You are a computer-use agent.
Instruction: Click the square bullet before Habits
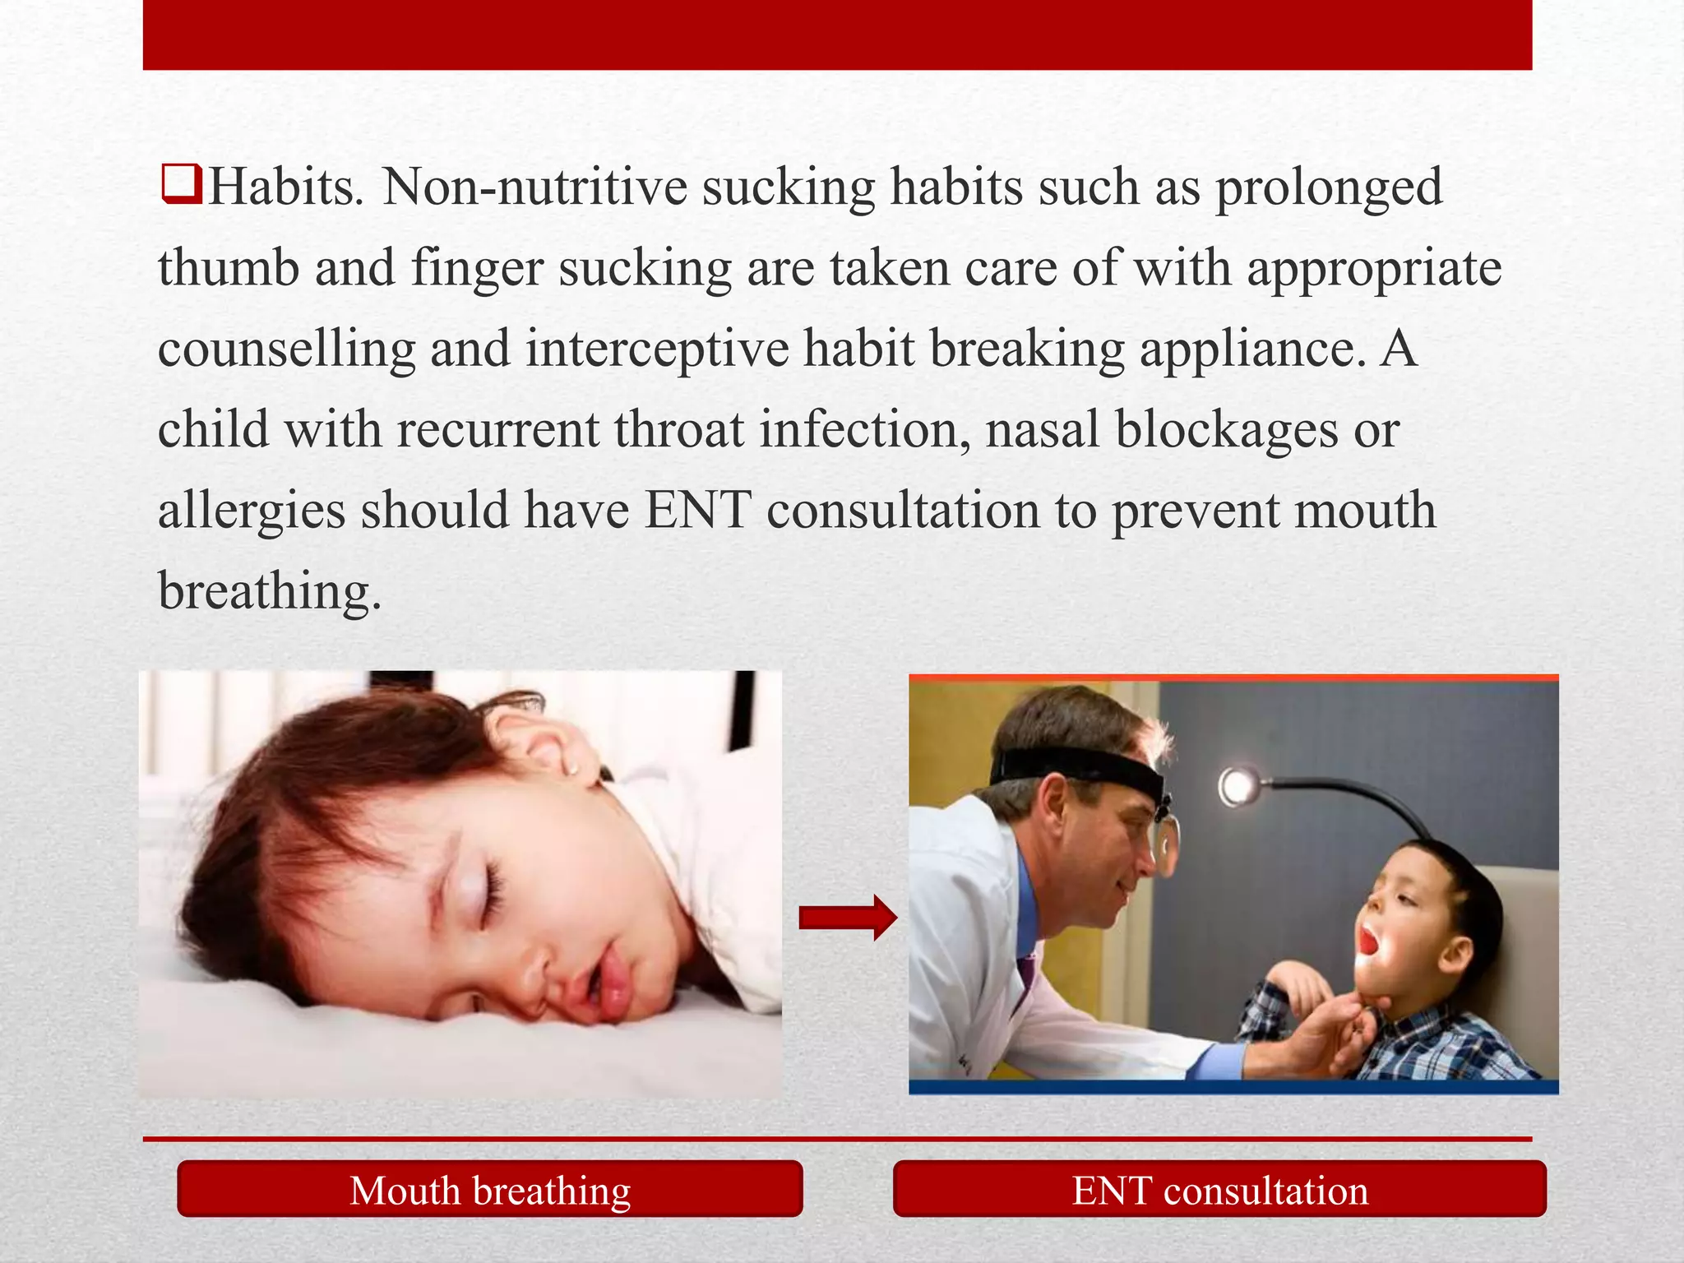click(182, 184)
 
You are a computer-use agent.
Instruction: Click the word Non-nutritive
click(534, 187)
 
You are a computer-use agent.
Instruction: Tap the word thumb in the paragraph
click(229, 268)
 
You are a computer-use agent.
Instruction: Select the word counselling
click(287, 349)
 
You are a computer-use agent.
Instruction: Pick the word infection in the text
click(864, 429)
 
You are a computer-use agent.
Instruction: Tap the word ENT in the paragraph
click(697, 510)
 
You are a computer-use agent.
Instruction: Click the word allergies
click(252, 511)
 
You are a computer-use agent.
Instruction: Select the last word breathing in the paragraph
click(270, 592)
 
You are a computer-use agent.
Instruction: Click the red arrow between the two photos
click(848, 917)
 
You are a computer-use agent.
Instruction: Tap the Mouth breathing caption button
click(490, 1190)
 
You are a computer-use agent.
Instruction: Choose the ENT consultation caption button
click(1219, 1190)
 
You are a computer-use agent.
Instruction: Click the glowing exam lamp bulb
click(1238, 788)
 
